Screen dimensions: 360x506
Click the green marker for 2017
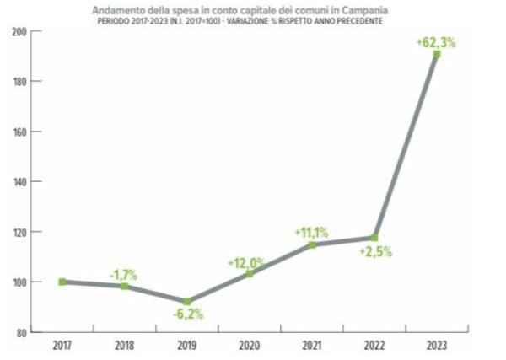pos(62,282)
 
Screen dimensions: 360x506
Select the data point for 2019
pos(187,301)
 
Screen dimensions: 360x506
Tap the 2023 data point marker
pos(437,54)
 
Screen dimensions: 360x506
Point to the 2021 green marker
pos(312,244)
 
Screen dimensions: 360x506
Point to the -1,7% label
pos(125,274)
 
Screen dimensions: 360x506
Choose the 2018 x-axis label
pos(125,345)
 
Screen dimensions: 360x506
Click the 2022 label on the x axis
pos(374,345)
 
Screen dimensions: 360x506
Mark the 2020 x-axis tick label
pos(250,345)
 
